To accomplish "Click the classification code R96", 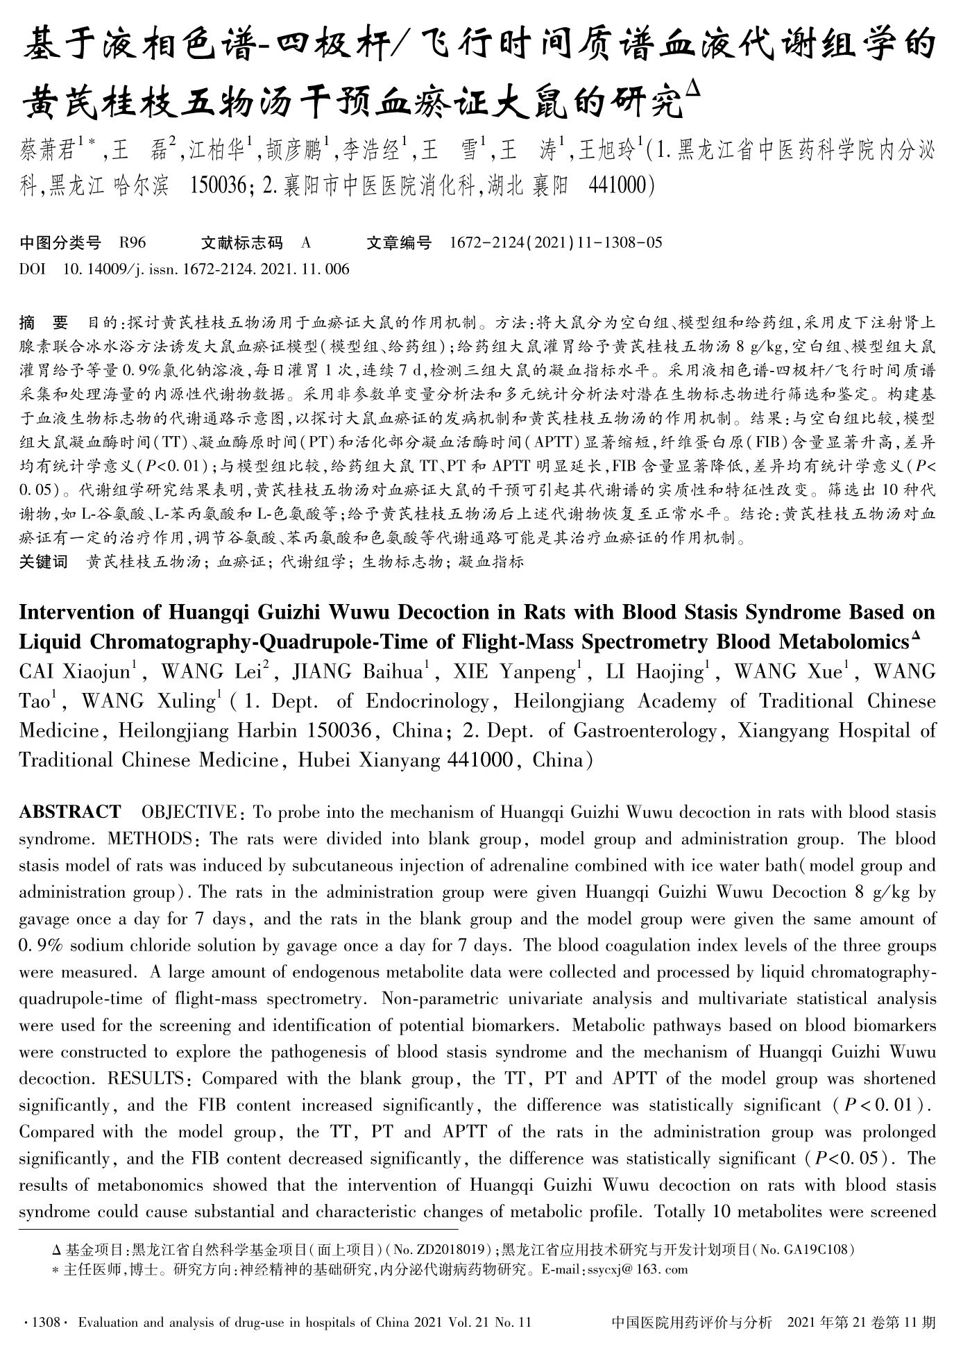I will coord(133,243).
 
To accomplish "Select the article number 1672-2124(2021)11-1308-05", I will coord(556,243).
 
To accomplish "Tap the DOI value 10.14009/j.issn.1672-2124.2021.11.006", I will coord(206,269).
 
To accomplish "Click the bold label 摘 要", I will coord(44,323).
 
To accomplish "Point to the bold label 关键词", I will coord(43,562).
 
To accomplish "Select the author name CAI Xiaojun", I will coord(74,672).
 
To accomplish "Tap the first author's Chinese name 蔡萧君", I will coord(49,150).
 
